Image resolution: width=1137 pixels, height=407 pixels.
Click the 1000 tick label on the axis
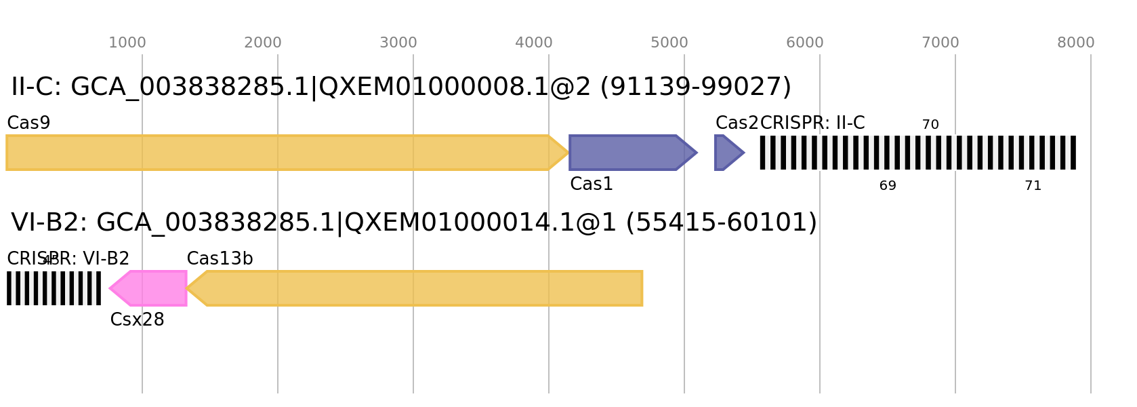127,43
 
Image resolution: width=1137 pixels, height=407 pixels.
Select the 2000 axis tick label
263,43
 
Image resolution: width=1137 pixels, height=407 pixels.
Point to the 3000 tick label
398,43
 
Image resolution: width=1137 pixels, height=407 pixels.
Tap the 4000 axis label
534,43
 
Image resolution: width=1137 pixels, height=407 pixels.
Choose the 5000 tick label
669,43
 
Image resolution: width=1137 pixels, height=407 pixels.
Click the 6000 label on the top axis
805,43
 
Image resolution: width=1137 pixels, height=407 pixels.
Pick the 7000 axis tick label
940,43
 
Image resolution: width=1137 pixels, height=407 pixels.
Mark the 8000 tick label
1076,43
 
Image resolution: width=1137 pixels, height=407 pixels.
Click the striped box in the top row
917,153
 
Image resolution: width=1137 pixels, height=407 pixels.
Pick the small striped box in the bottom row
54,288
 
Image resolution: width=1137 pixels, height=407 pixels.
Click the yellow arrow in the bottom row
420,288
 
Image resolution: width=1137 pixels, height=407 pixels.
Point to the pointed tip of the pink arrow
110,288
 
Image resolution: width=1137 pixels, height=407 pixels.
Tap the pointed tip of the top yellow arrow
568,153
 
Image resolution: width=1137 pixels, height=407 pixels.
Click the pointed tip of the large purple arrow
697,153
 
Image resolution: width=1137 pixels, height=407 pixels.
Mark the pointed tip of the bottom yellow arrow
188,288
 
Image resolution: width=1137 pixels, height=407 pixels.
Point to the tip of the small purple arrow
745,153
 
